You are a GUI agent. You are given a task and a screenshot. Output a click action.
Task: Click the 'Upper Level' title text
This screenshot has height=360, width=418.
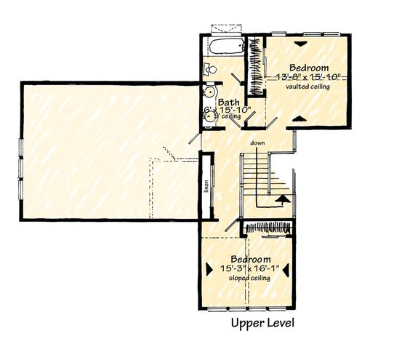[x=262, y=322]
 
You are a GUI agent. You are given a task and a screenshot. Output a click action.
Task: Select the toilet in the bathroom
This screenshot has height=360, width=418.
[x=209, y=71]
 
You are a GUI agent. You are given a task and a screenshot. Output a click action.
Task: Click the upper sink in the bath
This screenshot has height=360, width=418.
[x=209, y=92]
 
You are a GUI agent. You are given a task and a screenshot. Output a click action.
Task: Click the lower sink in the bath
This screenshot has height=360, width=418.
[x=209, y=113]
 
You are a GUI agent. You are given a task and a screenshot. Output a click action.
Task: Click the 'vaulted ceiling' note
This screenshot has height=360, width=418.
[x=308, y=87]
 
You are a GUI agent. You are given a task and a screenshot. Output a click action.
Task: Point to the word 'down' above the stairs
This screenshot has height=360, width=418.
[x=256, y=143]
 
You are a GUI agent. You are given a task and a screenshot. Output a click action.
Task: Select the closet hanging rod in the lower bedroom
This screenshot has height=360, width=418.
[x=268, y=228]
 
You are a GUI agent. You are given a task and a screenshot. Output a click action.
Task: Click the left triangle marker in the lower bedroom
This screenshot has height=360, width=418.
[x=209, y=266]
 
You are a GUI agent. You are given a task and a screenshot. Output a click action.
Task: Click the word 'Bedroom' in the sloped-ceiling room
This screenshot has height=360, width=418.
[x=251, y=259]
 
